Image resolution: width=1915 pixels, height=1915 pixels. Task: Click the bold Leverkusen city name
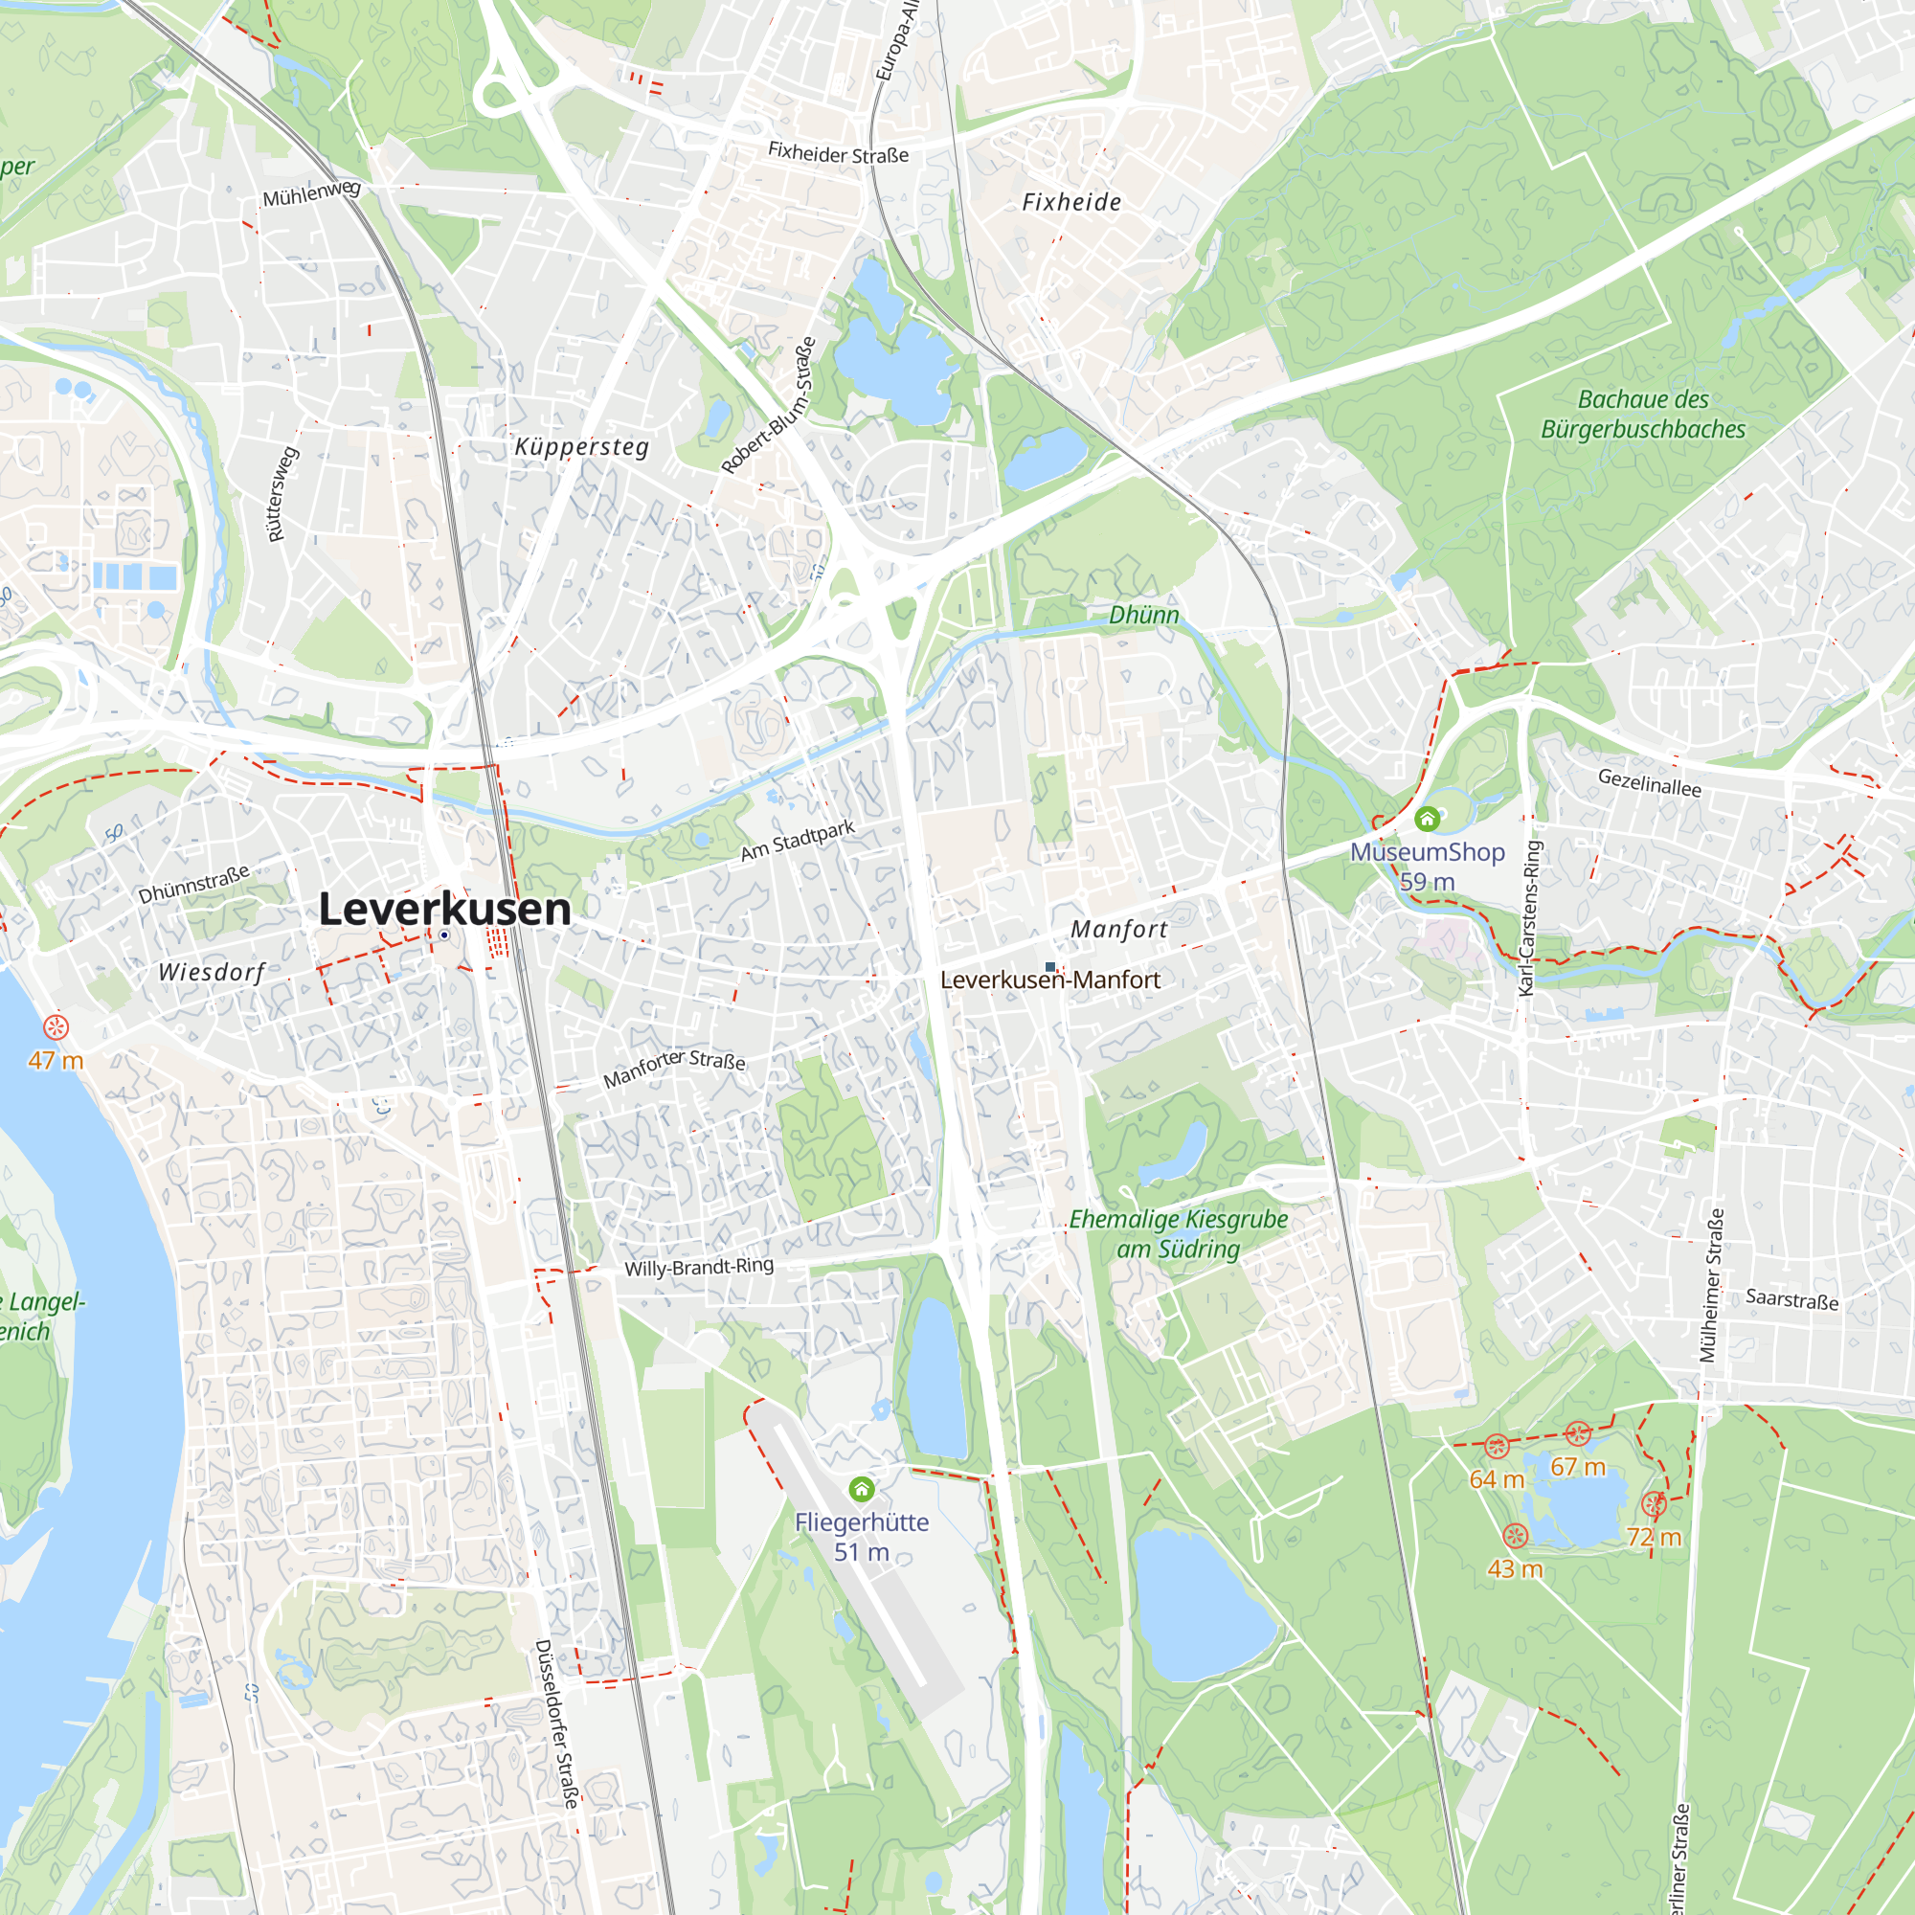coord(444,909)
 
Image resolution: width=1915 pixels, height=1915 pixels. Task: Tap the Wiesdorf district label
coord(213,971)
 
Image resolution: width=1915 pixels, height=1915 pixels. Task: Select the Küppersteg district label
coord(582,447)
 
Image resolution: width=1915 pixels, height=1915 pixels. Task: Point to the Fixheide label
coord(1071,202)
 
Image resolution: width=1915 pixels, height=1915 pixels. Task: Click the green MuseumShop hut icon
coord(1427,819)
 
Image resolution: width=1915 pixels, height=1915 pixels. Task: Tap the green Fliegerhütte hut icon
coord(862,1489)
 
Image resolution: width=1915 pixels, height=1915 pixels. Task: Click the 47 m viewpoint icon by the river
coord(56,1026)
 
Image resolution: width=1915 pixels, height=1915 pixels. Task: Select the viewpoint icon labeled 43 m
coord(1515,1537)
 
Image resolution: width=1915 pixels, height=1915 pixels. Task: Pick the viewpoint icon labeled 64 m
coord(1497,1446)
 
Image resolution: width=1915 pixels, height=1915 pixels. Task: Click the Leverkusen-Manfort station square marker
coord(1049,966)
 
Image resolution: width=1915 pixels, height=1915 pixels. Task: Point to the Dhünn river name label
coord(1143,615)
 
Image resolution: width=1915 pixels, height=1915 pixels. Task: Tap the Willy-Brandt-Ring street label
coord(699,1267)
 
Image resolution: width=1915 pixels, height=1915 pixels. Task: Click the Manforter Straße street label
coord(674,1068)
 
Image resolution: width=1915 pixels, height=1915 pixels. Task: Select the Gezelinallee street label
coord(1650,782)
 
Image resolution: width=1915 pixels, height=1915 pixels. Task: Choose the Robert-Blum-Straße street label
coord(769,405)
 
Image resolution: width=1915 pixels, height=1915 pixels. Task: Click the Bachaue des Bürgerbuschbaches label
coord(1642,415)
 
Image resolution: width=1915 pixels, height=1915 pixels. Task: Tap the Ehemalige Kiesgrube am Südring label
coord(1178,1234)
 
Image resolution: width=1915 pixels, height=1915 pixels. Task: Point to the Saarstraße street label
coord(1792,1298)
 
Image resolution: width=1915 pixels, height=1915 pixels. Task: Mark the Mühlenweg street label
coord(311,192)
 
